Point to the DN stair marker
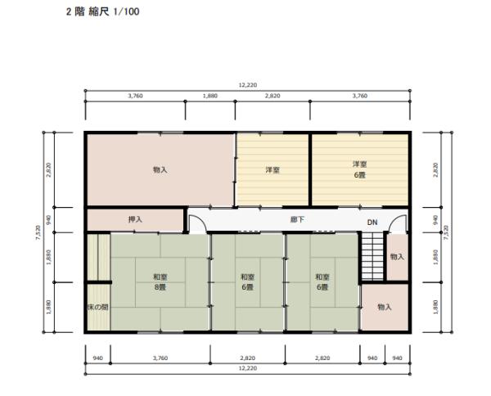coord(372,223)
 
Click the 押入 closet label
coord(136,220)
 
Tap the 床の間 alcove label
coord(97,307)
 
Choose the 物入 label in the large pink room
coord(160,170)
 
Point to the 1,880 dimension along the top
coord(210,96)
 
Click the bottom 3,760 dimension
coord(160,358)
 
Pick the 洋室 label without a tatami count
coord(273,170)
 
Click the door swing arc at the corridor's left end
coord(197,223)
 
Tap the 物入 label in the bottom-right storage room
coord(384,307)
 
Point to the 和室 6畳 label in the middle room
coord(248,282)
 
